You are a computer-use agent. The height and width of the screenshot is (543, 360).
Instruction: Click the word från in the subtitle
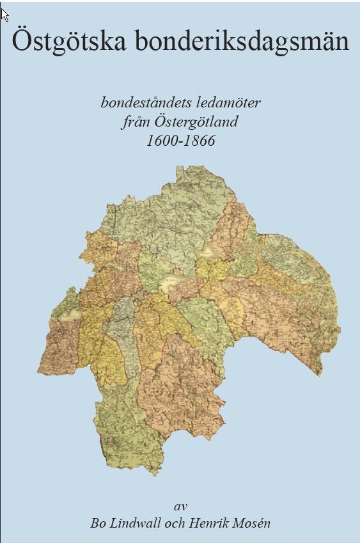pos(136,122)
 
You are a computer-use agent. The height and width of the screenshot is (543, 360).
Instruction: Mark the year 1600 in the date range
pos(161,141)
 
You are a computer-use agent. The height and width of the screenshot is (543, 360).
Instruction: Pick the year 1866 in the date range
pos(199,141)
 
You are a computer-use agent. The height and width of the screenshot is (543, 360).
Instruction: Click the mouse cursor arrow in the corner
pos(4,13)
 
